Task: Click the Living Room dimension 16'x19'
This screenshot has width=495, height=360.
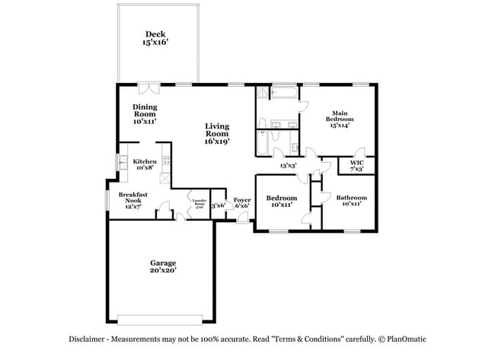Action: (x=217, y=141)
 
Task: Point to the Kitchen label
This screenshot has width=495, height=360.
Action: (x=145, y=161)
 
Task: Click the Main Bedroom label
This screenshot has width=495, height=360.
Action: (x=340, y=116)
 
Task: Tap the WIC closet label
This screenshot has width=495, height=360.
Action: (x=356, y=162)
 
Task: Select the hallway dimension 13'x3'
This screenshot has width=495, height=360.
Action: (x=288, y=165)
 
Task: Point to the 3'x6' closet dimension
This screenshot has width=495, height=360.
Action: (x=218, y=205)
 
